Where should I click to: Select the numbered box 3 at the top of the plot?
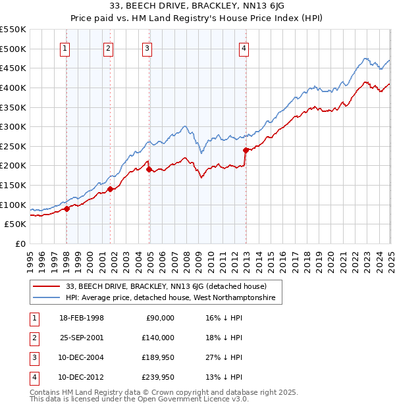click(x=147, y=47)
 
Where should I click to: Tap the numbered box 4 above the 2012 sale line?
click(x=244, y=47)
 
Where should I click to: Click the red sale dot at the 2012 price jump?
click(x=246, y=150)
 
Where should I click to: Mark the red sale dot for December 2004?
click(x=149, y=169)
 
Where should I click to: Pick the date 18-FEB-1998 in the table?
click(x=82, y=318)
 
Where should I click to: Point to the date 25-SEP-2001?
click(x=82, y=338)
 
